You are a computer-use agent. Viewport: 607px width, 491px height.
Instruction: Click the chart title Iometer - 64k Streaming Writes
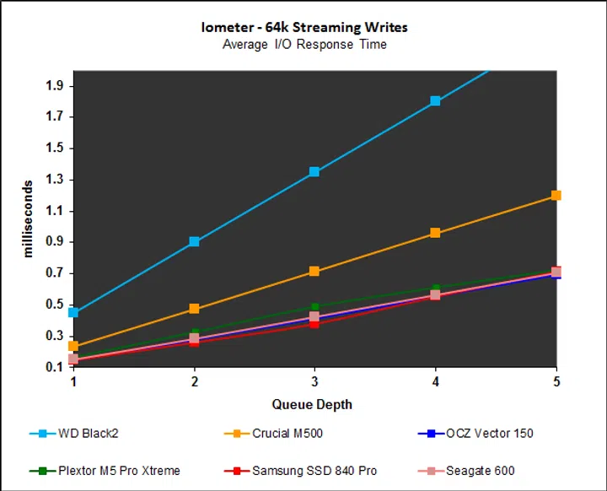tap(304, 27)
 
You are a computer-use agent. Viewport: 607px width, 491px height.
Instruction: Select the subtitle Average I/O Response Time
tap(304, 44)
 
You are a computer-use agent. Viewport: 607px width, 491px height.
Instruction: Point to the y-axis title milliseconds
tap(28, 219)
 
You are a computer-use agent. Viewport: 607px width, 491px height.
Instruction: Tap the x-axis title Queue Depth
tap(312, 404)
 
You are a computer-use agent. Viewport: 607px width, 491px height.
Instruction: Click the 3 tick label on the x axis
tap(314, 380)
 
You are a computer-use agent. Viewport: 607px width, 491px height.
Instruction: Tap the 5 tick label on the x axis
tap(556, 380)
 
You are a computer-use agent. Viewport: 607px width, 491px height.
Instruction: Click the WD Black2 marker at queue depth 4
tap(435, 101)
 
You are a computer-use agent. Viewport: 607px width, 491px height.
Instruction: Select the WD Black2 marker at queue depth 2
tap(194, 241)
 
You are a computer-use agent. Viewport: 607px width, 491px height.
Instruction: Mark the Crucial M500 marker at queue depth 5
tap(556, 195)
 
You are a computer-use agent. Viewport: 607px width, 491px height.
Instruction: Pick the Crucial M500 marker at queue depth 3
tap(314, 272)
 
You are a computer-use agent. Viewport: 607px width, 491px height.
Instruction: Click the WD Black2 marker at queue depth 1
tap(73, 312)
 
